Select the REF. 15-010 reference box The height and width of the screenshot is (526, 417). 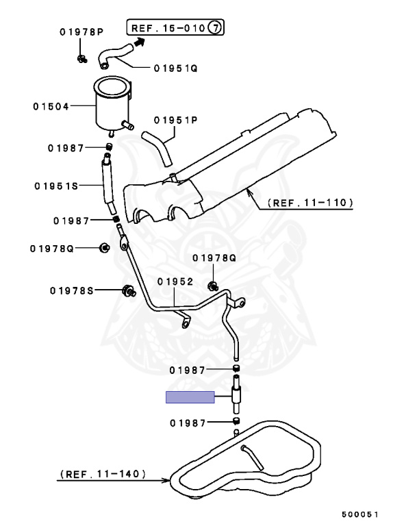[x=177, y=28]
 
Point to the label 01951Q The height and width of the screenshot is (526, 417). [x=175, y=68]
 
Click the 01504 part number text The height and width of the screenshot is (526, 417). [x=51, y=106]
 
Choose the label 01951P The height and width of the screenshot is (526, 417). [x=175, y=120]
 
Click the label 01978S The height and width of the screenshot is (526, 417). [x=72, y=290]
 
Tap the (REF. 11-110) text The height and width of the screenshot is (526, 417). [x=309, y=203]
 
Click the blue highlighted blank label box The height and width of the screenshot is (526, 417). [x=190, y=397]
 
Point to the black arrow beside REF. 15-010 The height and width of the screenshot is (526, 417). [x=140, y=41]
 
